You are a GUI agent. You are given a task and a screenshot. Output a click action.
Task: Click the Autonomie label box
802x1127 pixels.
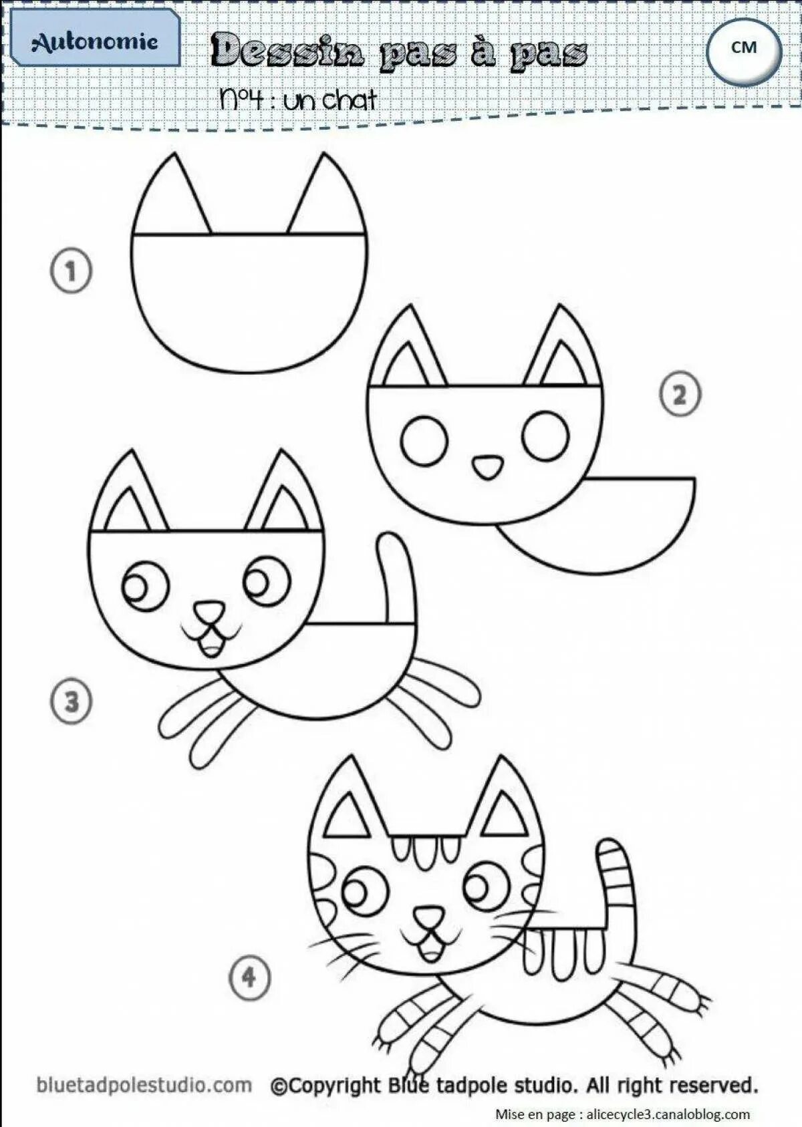95,41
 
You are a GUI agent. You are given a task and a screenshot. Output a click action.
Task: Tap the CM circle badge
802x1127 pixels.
744,49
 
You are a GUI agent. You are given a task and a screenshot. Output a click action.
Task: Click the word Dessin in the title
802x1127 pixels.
288,52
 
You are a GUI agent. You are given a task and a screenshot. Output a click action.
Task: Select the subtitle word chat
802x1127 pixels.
349,100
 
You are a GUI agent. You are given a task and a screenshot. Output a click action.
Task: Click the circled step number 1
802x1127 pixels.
71,271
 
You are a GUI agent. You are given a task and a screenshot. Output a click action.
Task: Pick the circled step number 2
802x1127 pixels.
680,395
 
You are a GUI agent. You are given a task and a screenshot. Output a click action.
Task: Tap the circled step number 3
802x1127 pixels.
71,701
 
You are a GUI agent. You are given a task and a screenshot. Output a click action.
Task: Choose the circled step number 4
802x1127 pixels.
249,978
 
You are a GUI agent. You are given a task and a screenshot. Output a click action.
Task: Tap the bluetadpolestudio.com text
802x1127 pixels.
144,1086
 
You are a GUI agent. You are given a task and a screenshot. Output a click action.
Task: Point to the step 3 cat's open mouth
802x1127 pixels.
212,645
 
